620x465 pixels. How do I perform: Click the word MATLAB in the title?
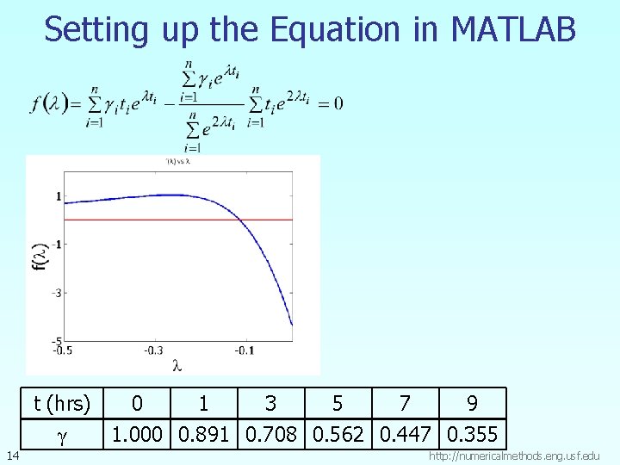pos(513,29)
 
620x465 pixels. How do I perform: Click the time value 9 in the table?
pos(472,403)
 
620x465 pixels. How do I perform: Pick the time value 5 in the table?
pos(338,403)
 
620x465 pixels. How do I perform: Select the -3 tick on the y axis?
pos(58,293)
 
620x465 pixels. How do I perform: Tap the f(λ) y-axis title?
pos(38,255)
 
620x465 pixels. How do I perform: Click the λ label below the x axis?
pos(177,365)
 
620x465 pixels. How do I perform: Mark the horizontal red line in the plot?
pos(172,220)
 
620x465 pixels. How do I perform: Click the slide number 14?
pos(10,454)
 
